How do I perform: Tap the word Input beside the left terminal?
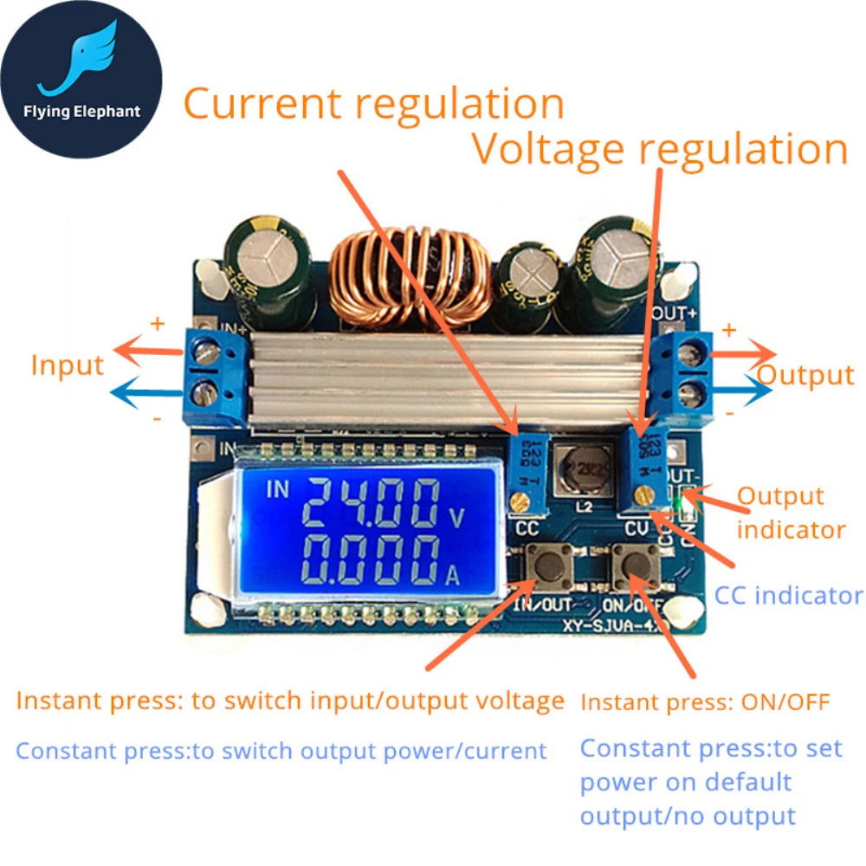(67, 365)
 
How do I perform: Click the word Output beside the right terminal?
(805, 375)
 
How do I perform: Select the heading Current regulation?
(373, 104)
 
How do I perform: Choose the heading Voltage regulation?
(659, 149)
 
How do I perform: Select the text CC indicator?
(788, 595)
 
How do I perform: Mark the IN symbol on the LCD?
(279, 490)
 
